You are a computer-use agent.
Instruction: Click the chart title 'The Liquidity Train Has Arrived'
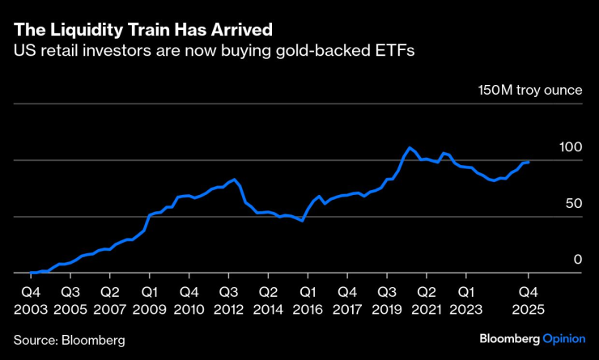pos(142,29)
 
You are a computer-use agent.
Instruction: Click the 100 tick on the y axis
pos(571,148)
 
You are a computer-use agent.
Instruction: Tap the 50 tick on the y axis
pos(574,204)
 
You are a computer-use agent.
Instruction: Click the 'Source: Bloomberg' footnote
pos(70,340)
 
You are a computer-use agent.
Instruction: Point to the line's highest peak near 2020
pos(410,148)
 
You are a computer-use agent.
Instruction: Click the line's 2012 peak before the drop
pos(234,179)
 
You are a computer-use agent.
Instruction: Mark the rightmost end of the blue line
pos(529,162)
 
